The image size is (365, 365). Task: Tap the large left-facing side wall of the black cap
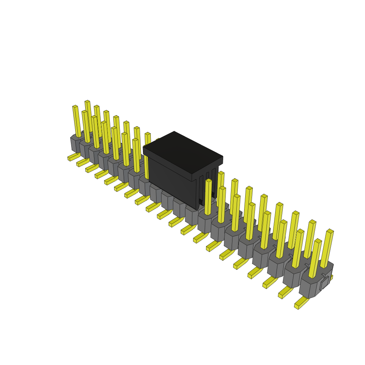pyautogui.click(x=171, y=180)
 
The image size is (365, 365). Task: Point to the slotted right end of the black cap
pyautogui.click(x=208, y=185)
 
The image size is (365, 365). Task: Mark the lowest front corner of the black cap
pyautogui.click(x=197, y=209)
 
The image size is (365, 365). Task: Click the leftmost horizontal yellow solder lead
pyautogui.click(x=73, y=157)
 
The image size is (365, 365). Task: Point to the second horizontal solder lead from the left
pyautogui.click(x=82, y=163)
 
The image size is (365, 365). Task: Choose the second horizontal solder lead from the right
pyautogui.click(x=285, y=293)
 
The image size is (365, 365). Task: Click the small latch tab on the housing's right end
pyautogui.click(x=324, y=283)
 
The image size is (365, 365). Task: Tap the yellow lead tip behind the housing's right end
pyautogui.click(x=331, y=277)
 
